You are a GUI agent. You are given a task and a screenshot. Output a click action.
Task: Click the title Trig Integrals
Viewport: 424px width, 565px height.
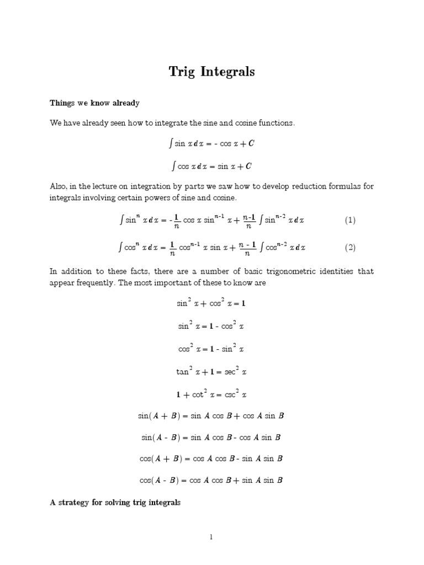pyautogui.click(x=212, y=72)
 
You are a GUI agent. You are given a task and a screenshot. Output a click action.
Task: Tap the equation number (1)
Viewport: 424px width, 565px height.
pyautogui.click(x=350, y=221)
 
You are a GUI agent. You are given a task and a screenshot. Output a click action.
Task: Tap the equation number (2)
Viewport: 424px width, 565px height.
pyautogui.click(x=350, y=248)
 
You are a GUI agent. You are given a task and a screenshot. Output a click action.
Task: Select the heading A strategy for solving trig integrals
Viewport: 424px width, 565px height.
pyautogui.click(x=115, y=503)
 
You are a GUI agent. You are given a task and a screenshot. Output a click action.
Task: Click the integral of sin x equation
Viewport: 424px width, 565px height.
pyautogui.click(x=212, y=144)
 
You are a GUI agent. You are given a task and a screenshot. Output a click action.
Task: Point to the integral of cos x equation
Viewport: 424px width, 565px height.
pyautogui.click(x=212, y=166)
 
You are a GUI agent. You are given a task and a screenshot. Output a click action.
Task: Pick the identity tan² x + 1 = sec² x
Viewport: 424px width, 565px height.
pyautogui.click(x=212, y=372)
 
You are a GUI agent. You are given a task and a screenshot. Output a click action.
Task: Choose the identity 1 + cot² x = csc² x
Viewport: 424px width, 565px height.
pyautogui.click(x=212, y=395)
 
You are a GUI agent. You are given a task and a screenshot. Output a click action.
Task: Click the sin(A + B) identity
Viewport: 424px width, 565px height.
pyautogui.click(x=212, y=416)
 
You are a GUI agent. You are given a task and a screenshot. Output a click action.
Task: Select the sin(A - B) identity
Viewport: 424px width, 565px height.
pyautogui.click(x=212, y=438)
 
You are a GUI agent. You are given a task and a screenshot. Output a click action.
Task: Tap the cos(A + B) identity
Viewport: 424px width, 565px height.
pyautogui.click(x=212, y=459)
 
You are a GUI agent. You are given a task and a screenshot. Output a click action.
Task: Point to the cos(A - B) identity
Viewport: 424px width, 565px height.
pyautogui.click(x=212, y=480)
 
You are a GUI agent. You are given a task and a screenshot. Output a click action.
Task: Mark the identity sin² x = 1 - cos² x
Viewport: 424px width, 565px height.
pyautogui.click(x=212, y=327)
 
